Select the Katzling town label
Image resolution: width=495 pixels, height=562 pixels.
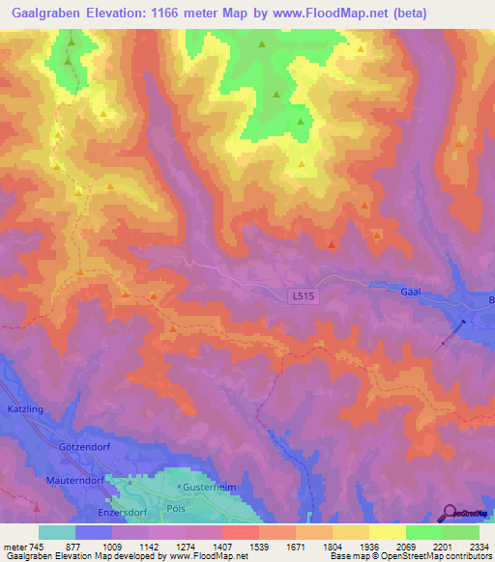(x=26, y=408)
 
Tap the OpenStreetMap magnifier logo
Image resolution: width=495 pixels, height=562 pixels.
(x=451, y=513)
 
